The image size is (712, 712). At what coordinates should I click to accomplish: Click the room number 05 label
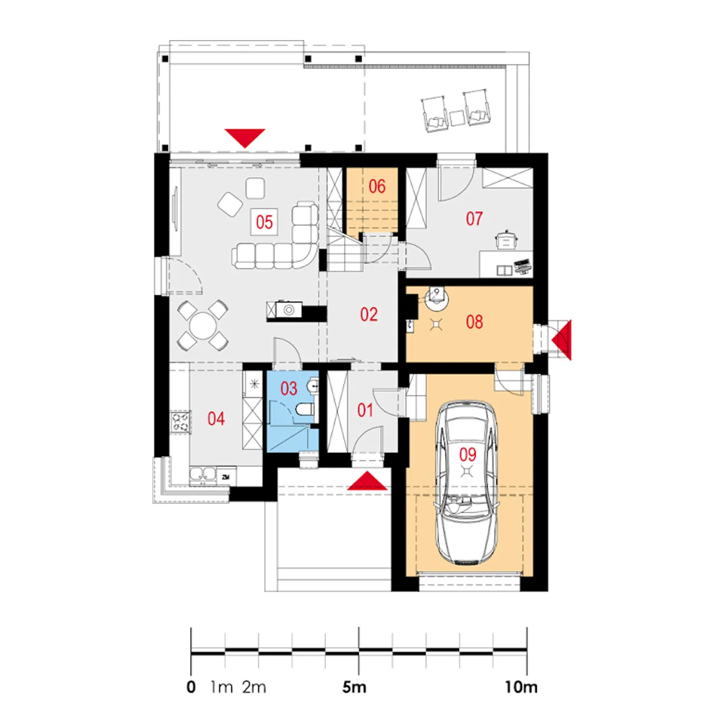pyautogui.click(x=264, y=222)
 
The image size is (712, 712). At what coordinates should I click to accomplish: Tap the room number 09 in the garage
pyautogui.click(x=468, y=454)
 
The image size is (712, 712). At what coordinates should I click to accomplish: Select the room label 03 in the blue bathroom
pyautogui.click(x=289, y=389)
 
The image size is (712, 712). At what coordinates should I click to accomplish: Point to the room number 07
pyautogui.click(x=474, y=219)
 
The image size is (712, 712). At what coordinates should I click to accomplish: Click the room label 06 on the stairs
pyautogui.click(x=377, y=186)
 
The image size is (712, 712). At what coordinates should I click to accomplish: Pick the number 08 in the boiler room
pyautogui.click(x=474, y=322)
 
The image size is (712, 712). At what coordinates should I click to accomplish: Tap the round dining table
pyautogui.click(x=202, y=326)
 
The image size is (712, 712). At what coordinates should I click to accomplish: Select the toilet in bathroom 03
pyautogui.click(x=305, y=409)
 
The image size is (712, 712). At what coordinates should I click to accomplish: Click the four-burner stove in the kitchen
pyautogui.click(x=180, y=422)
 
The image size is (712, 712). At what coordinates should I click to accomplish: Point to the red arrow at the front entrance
pyautogui.click(x=367, y=481)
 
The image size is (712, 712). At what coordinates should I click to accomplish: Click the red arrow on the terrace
pyautogui.click(x=245, y=138)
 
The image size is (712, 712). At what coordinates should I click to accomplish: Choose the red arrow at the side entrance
pyautogui.click(x=562, y=339)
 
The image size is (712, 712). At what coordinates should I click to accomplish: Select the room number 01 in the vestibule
pyautogui.click(x=365, y=411)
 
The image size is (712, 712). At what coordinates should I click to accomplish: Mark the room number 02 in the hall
pyautogui.click(x=369, y=314)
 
